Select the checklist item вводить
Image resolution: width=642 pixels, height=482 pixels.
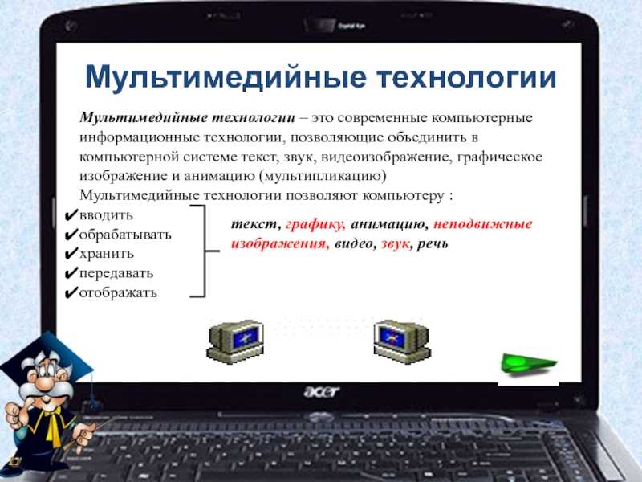[106, 214]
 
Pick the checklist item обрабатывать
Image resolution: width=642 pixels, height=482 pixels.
[125, 235]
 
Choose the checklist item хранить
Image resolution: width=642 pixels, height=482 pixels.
[107, 254]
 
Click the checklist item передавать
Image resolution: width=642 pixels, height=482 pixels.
[116, 273]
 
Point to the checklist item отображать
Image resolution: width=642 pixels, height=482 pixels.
[118, 292]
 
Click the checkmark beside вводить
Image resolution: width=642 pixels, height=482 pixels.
[71, 214]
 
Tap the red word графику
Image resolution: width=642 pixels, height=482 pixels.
[315, 224]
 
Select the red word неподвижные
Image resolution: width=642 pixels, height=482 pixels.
[483, 224]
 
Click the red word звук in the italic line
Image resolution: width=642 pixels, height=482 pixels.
[395, 244]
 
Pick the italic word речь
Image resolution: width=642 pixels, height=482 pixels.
[433, 244]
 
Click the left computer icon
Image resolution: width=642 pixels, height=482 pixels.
[235, 341]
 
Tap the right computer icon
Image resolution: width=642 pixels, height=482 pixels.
[402, 341]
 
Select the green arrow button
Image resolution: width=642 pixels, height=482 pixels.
[528, 363]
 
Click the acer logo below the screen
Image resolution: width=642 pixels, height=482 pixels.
[322, 392]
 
